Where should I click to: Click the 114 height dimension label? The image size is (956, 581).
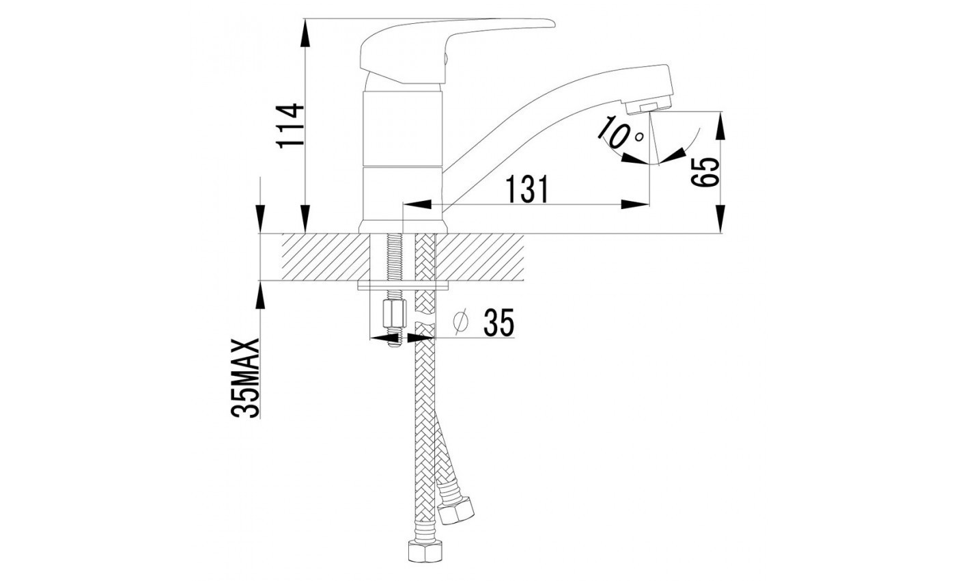(x=289, y=126)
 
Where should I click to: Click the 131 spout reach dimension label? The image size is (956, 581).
(x=528, y=189)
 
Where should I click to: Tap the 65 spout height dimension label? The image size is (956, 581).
(x=705, y=172)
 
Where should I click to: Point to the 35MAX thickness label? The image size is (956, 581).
(x=246, y=377)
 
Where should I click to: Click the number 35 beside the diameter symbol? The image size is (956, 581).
(x=498, y=323)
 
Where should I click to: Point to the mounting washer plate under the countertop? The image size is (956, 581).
(x=403, y=285)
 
